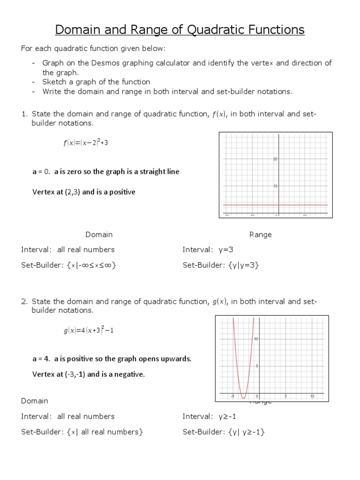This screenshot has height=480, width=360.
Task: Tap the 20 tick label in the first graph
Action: point(275,159)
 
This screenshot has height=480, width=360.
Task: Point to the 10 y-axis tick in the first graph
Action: point(275,186)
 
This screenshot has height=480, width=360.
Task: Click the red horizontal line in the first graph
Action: point(253,205)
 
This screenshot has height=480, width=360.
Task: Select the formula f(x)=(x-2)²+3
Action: point(86,143)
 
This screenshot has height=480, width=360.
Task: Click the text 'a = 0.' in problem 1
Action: point(41,172)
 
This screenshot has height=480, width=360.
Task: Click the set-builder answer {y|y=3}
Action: point(243,265)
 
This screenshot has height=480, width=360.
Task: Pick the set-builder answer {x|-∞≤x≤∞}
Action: point(92,265)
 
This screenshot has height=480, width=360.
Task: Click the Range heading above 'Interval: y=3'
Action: point(261,234)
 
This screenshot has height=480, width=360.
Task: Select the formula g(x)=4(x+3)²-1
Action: point(89,330)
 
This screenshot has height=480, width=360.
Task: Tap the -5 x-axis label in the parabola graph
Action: point(232,397)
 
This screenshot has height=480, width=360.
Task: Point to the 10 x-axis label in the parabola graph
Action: point(312,397)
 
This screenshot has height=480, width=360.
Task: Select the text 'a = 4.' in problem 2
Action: point(41,359)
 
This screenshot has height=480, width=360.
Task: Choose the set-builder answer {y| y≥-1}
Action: point(247,432)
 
